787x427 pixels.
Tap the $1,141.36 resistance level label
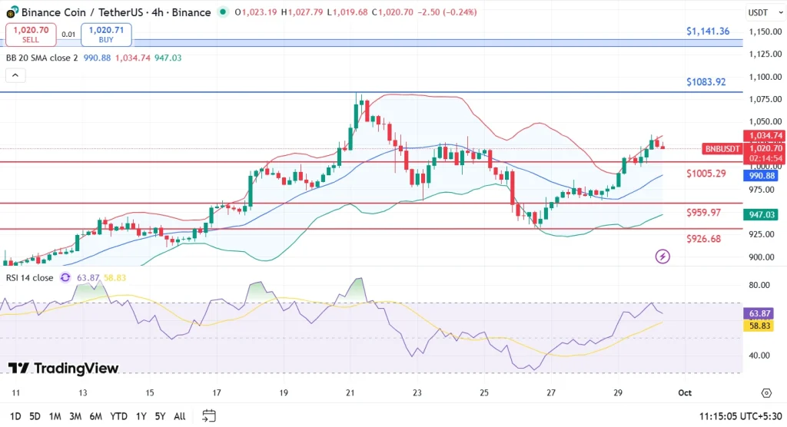(708, 31)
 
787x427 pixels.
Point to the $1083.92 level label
(706, 82)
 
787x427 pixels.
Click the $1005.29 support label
(706, 174)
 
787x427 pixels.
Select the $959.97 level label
(704, 213)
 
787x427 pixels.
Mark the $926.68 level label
(704, 239)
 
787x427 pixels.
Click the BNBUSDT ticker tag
(722, 149)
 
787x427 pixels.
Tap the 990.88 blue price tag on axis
(765, 175)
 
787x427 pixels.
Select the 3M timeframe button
(75, 416)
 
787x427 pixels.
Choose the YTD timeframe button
(118, 416)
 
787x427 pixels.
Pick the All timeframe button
(179, 416)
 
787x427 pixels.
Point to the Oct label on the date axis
(685, 392)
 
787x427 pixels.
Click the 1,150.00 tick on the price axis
(765, 31)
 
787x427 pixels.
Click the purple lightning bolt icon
(662, 256)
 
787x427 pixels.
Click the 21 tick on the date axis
(351, 392)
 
